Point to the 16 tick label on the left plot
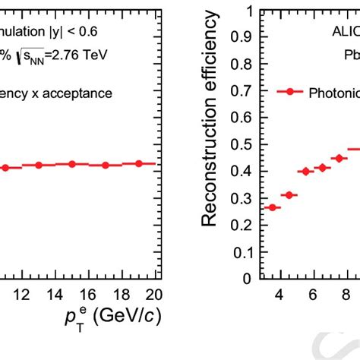(88, 295)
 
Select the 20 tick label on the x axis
(153, 295)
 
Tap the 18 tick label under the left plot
(122, 295)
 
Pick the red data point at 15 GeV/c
(71, 164)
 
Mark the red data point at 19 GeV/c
(139, 163)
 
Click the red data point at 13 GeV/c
(38, 165)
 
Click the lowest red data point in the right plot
(273, 207)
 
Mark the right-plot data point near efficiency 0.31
(289, 195)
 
